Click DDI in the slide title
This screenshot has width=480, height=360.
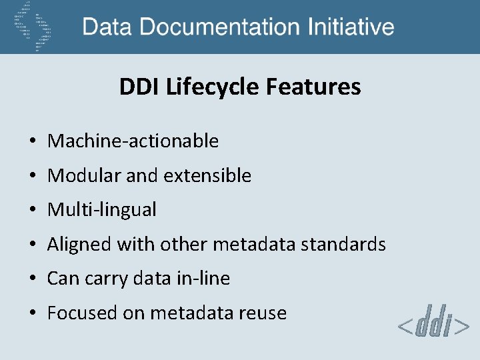click(135, 87)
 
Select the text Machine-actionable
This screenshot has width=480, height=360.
click(133, 141)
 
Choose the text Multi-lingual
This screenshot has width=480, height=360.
click(102, 210)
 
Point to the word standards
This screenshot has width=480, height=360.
click(343, 245)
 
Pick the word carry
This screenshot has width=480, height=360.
click(105, 279)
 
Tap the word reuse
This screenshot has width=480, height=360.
click(265, 313)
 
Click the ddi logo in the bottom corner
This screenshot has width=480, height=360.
click(433, 324)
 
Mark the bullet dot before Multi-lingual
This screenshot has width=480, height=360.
click(32, 211)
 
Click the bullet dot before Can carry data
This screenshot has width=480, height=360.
click(32, 279)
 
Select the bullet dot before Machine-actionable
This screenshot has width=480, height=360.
click(32, 141)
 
